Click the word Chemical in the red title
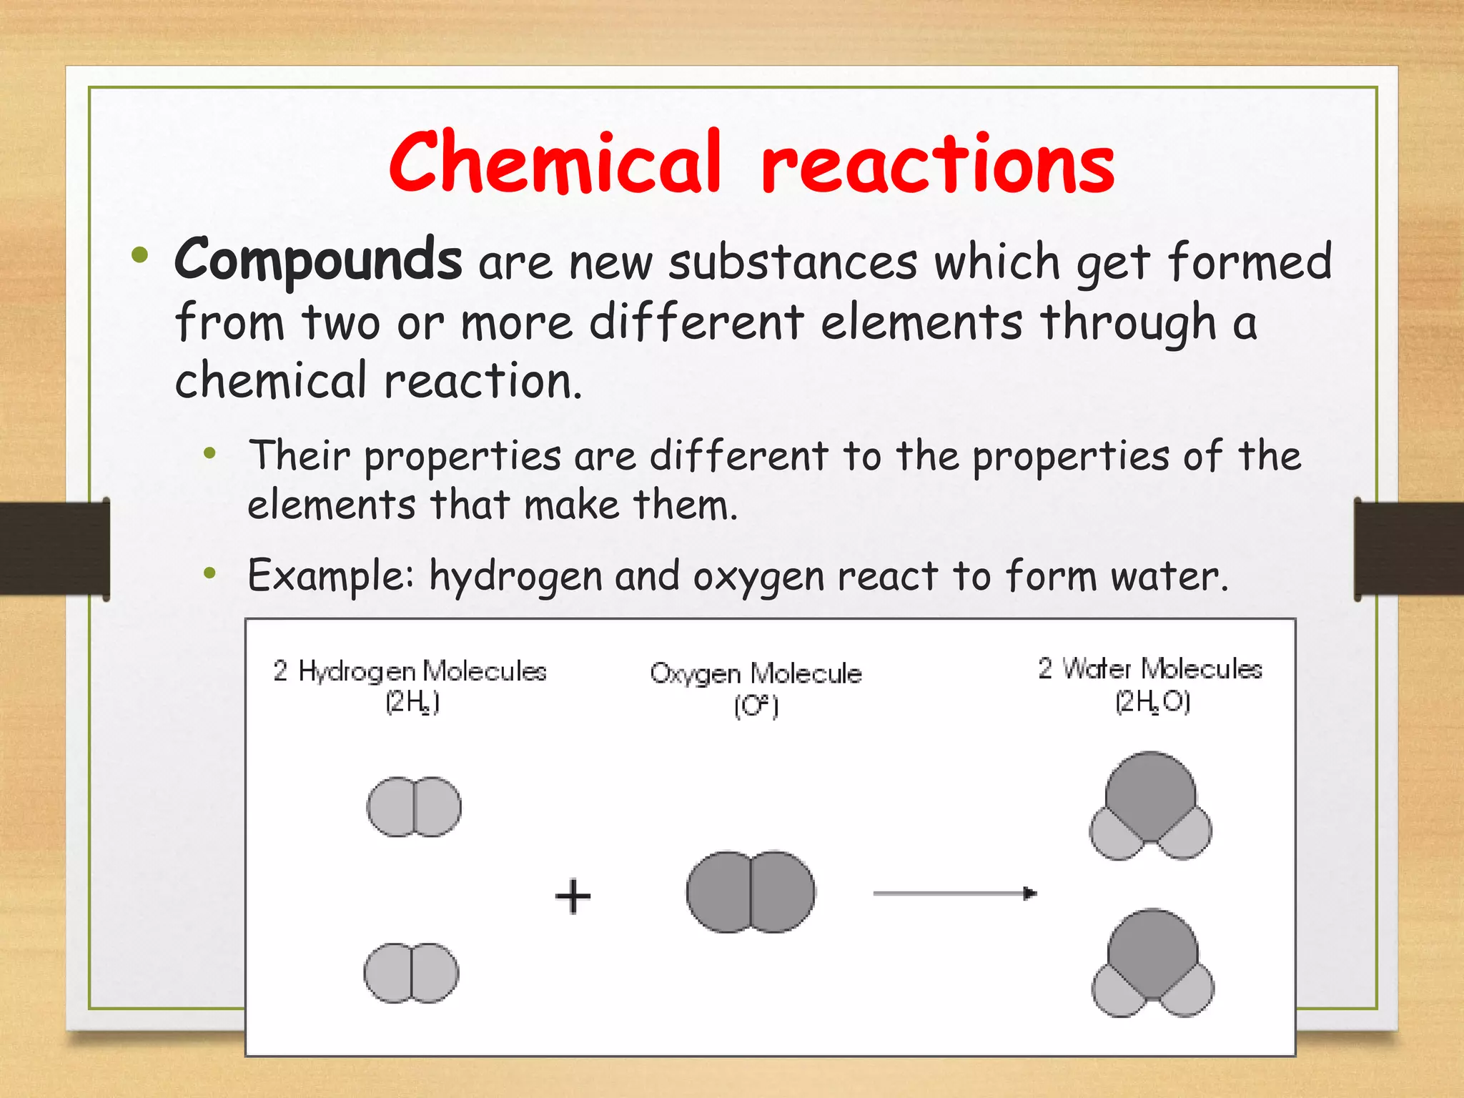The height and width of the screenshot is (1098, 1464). (x=555, y=162)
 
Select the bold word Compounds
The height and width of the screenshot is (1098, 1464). (x=318, y=260)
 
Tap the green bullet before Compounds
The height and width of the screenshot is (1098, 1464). (x=139, y=255)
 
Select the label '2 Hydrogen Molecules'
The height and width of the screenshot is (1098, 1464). (x=410, y=671)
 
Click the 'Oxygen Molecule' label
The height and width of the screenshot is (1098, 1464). (x=756, y=673)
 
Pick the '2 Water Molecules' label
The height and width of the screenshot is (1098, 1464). (x=1149, y=669)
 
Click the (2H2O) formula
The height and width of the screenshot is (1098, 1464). (x=1152, y=703)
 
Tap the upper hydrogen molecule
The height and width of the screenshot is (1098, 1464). (x=414, y=806)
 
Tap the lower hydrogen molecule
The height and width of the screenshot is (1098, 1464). (x=411, y=973)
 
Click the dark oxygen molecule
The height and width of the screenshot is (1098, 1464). (x=751, y=891)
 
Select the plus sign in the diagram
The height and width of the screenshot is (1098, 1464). (x=573, y=896)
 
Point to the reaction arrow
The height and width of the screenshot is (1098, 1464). (x=954, y=893)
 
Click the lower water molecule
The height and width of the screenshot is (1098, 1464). (x=1152, y=963)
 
